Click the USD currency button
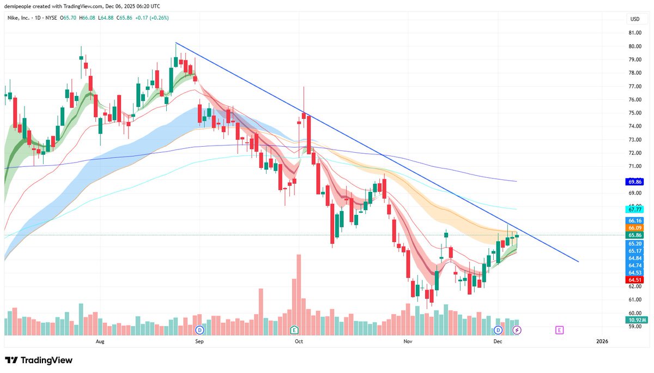635,19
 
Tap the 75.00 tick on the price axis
635,113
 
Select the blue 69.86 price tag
635,182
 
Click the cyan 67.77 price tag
635,209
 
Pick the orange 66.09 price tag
635,227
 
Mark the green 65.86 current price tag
635,235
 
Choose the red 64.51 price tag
635,280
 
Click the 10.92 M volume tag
635,320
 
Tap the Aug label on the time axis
100,341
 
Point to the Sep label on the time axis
199,341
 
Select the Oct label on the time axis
298,341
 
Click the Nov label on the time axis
407,341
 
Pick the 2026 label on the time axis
602,341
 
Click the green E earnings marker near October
294,330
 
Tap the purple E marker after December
559,330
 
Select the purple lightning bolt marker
517,330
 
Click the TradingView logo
39,360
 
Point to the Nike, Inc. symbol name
19,17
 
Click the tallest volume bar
299,294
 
